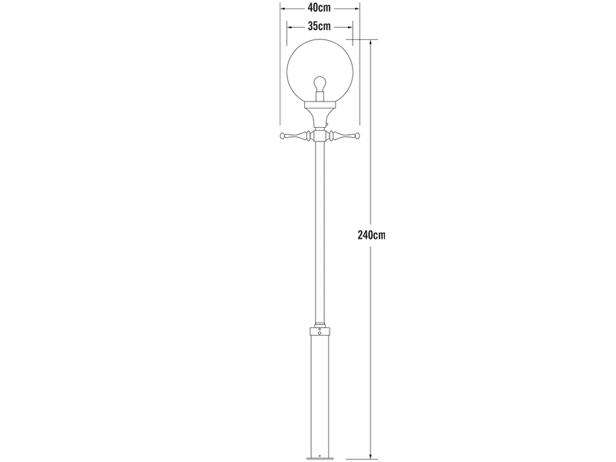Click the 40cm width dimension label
319,8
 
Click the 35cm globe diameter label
319,25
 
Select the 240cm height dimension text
371,234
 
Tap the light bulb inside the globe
319,83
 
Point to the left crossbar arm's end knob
283,136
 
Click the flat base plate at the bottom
319,458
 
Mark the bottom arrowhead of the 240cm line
371,455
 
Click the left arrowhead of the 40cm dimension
283,8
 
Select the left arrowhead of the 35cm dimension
288,25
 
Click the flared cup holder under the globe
319,113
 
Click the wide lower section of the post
319,393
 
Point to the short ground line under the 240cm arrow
371,459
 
